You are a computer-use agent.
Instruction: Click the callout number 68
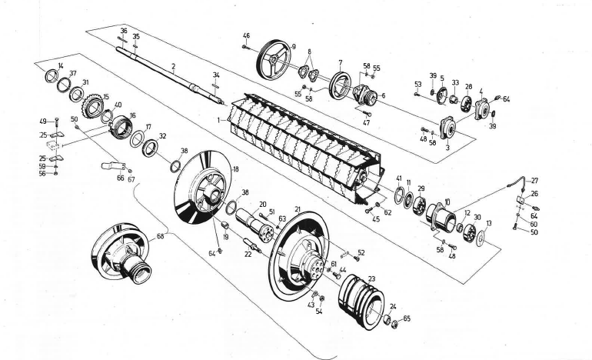(160, 237)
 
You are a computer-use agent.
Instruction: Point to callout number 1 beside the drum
(219, 120)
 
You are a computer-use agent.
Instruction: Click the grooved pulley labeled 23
(361, 300)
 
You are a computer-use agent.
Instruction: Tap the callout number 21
(298, 209)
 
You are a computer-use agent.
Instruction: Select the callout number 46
(246, 35)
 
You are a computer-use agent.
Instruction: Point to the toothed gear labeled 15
(92, 106)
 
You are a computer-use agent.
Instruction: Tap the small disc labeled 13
(481, 238)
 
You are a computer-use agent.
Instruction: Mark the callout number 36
(123, 30)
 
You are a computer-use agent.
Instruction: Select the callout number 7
(339, 62)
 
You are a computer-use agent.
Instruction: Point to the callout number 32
(162, 135)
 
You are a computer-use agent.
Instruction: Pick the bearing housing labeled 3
(447, 126)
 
